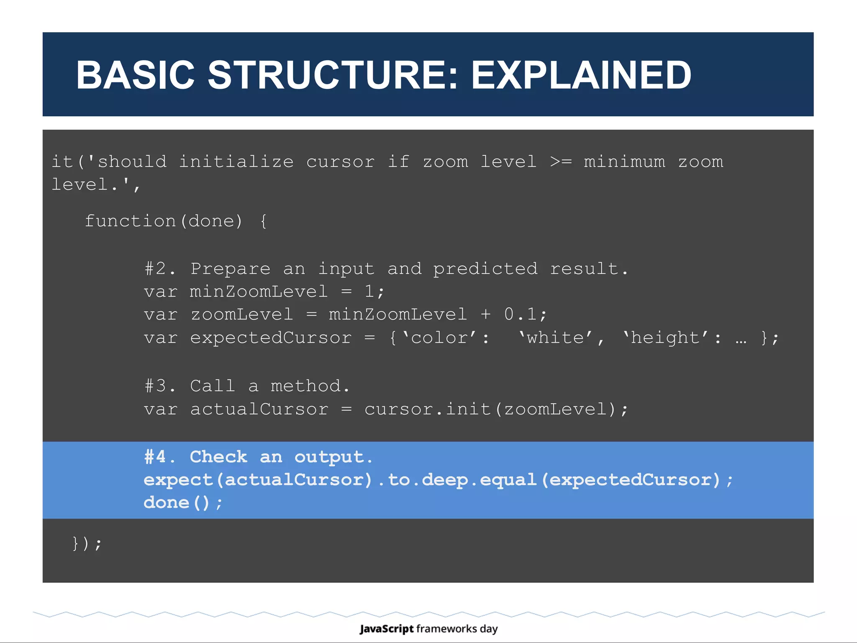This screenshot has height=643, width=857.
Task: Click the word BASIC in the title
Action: coord(135,75)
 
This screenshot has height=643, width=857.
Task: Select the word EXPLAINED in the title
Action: coord(581,75)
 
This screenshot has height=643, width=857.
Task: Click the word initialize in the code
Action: coord(236,162)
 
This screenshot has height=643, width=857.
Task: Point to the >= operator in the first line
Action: coord(561,162)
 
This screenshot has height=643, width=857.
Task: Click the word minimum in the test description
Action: coord(624,162)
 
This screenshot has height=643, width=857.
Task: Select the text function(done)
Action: coord(164,221)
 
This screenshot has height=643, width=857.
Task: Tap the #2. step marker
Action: coord(159,269)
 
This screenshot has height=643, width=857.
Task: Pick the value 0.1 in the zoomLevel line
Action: coord(520,314)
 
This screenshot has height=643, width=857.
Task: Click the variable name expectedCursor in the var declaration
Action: coord(271,338)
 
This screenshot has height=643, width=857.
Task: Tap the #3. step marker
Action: coord(159,386)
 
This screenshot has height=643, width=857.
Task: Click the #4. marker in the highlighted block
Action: coord(159,457)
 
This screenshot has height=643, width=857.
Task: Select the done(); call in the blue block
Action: coord(182,502)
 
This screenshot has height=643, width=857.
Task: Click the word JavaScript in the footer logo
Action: coord(387,629)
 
